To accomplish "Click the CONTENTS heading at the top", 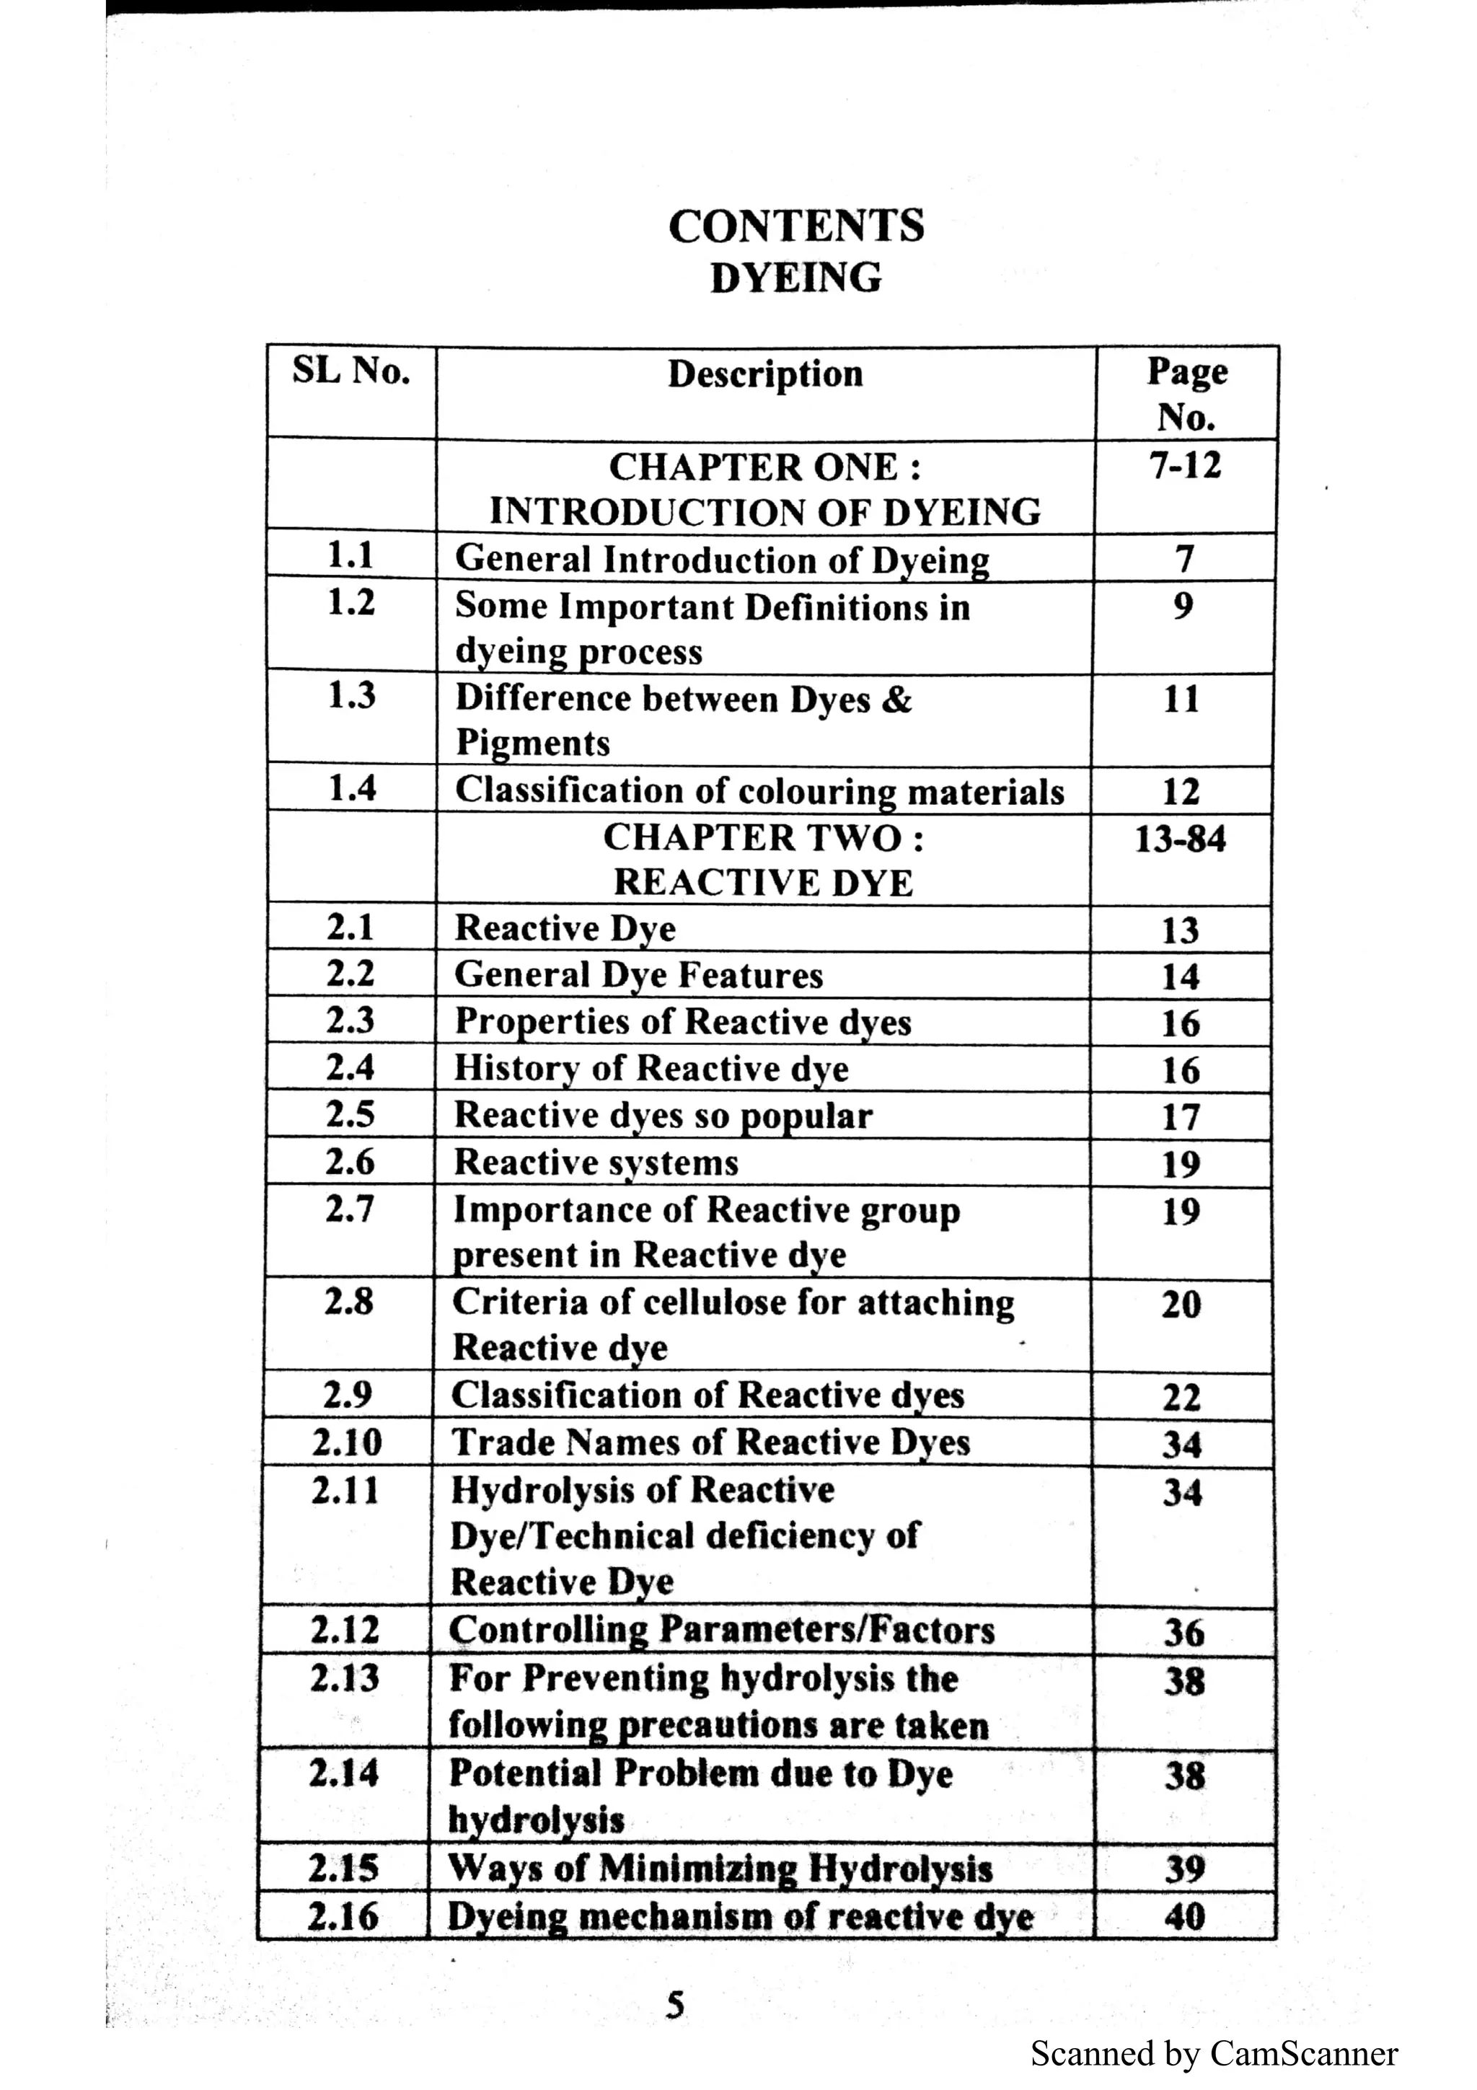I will click(x=795, y=226).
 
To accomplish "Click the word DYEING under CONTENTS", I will click(x=795, y=278).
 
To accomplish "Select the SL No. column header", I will click(x=350, y=371).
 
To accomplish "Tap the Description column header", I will click(x=764, y=374).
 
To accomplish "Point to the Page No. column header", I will click(x=1186, y=393).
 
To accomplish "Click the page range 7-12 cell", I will click(x=1185, y=466).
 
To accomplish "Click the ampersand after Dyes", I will click(x=896, y=699).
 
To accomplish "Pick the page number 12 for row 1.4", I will click(x=1181, y=791).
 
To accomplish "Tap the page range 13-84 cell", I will click(x=1181, y=838).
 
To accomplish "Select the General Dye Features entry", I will click(x=638, y=975).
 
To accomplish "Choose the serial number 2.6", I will click(x=350, y=1162).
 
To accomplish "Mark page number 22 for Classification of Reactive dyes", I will click(x=1181, y=1397).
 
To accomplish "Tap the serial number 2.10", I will click(x=347, y=1443).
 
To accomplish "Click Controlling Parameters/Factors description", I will click(x=722, y=1629).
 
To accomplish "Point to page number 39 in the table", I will click(x=1184, y=1869).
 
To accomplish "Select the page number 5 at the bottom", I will click(x=674, y=2004).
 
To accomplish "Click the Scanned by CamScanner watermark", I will click(x=1213, y=2054).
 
